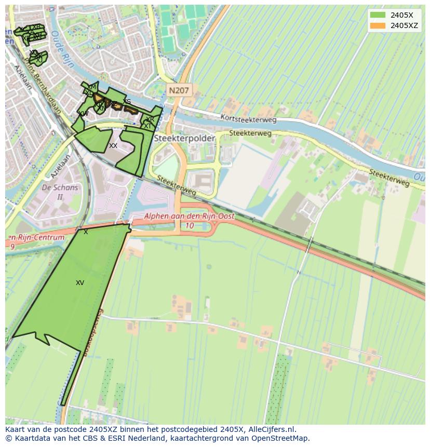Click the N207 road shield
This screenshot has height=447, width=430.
pyautogui.click(x=179, y=90)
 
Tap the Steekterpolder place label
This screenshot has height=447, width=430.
pyautogui.click(x=178, y=139)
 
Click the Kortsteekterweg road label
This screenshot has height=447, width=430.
pyautogui.click(x=248, y=118)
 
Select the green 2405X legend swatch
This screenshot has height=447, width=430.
pyautogui.click(x=378, y=16)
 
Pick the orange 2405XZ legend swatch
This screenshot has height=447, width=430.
pyautogui.click(x=378, y=25)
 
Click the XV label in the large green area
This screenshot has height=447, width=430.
pyautogui.click(x=79, y=283)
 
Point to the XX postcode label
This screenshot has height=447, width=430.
pyautogui.click(x=113, y=146)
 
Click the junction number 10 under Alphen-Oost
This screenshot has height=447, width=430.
pyautogui.click(x=190, y=225)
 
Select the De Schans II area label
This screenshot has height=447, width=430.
pyautogui.click(x=60, y=192)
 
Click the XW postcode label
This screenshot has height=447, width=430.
pyautogui.click(x=84, y=113)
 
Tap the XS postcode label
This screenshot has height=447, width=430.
pyautogui.click(x=127, y=102)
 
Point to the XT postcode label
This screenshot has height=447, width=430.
pyautogui.click(x=148, y=126)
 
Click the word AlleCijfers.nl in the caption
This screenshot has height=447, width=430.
pyautogui.click(x=272, y=429)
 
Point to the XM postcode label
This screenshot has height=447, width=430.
pyautogui.click(x=92, y=87)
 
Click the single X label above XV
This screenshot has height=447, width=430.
pyautogui.click(x=86, y=232)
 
